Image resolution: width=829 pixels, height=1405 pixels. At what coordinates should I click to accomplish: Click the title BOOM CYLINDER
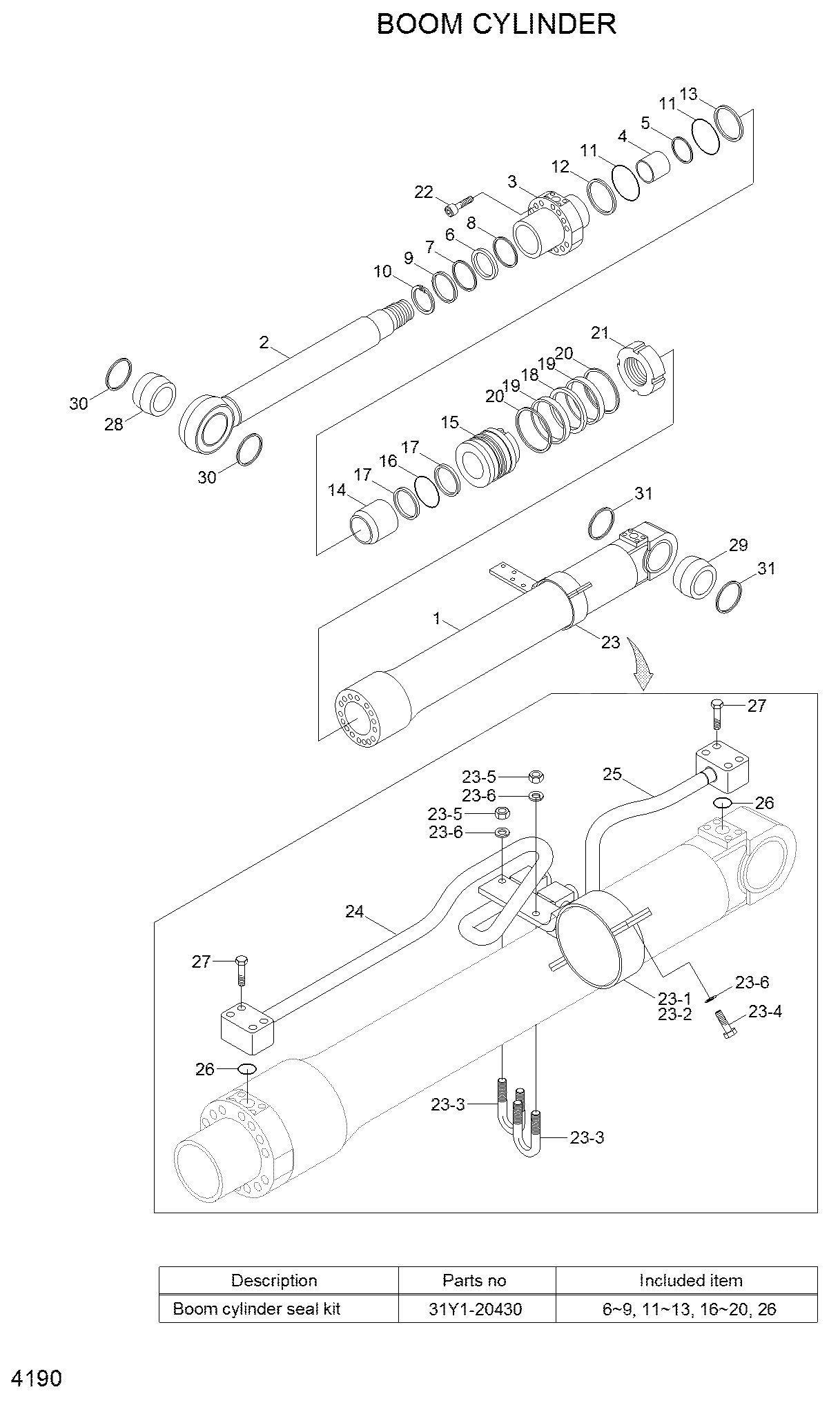coord(496,24)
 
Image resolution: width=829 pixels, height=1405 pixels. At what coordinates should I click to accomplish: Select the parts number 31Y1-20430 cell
coord(477,1308)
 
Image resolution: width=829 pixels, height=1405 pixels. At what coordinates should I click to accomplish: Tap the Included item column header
coord(690,1281)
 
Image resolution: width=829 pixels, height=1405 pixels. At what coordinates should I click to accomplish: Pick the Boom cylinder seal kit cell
coord(279,1308)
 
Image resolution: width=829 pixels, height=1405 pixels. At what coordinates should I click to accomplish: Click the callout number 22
coord(423,192)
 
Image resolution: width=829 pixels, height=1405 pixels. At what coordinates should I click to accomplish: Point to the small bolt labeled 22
coord(458,203)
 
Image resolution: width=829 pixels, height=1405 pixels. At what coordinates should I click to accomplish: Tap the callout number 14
coord(337,490)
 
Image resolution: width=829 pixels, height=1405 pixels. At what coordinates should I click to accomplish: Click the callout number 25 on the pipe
coord(612,774)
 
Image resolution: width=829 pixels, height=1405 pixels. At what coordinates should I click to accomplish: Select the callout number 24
coord(354,912)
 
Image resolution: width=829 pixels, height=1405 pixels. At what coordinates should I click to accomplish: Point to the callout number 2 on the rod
coord(264,341)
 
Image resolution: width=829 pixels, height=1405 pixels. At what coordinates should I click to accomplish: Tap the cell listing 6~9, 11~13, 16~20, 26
coord(690,1308)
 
